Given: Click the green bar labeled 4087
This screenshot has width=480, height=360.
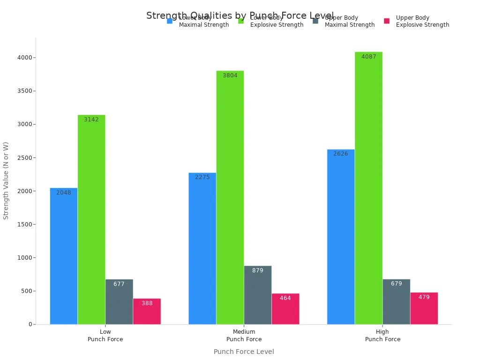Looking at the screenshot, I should [x=368, y=187].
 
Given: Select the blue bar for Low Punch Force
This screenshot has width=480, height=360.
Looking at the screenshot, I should [x=64, y=256].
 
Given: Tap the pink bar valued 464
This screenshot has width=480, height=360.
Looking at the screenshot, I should [x=285, y=309].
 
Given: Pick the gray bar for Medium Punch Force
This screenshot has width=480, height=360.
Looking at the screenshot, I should [x=258, y=295].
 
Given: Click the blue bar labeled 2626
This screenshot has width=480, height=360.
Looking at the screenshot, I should [x=341, y=237].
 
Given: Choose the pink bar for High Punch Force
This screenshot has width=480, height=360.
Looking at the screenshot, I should [x=424, y=308].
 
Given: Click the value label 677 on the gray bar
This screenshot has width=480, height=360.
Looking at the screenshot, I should [x=119, y=284].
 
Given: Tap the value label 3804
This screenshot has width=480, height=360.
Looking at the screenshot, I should [x=230, y=75].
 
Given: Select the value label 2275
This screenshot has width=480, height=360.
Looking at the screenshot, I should [x=202, y=177].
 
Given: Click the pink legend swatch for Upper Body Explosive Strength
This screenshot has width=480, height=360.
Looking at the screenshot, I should [x=387, y=21].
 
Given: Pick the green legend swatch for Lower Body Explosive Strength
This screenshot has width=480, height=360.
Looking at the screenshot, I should [x=241, y=21].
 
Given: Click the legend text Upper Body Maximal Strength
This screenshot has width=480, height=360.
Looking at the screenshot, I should [x=349, y=22].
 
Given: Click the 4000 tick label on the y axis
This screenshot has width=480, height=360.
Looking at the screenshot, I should [x=24, y=58].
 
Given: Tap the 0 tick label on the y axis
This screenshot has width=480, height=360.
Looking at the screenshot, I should [x=30, y=324].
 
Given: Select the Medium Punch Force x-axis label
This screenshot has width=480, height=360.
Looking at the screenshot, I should [x=244, y=336].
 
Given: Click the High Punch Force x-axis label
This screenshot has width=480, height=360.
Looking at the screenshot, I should [x=382, y=336].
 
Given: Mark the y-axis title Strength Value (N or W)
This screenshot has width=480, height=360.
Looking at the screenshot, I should [x=6, y=180].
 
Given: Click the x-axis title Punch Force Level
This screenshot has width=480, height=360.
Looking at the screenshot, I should [x=244, y=352].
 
